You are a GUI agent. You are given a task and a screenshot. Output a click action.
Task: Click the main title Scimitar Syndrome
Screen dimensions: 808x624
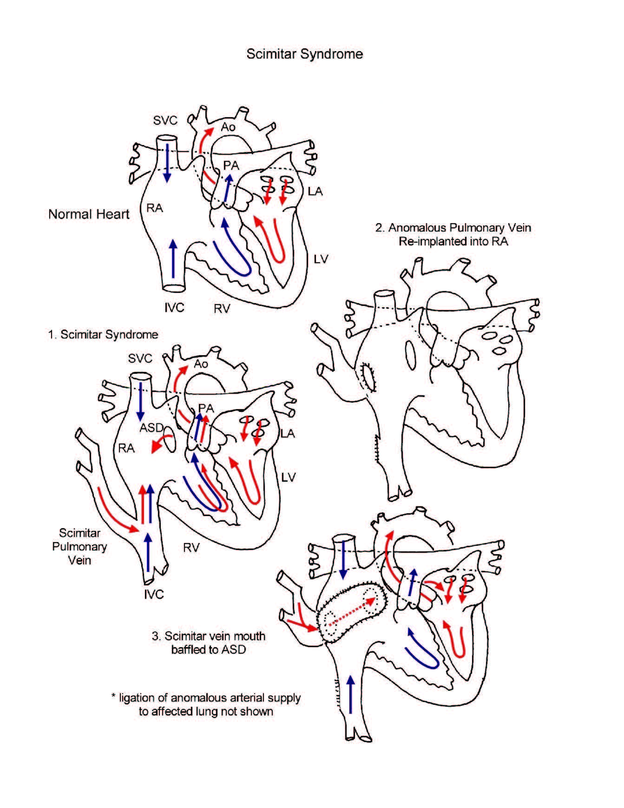[x=304, y=54]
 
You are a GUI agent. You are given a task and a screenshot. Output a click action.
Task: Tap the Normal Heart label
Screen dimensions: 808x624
[x=89, y=214]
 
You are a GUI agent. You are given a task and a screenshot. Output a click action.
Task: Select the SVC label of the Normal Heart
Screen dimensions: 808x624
[x=165, y=120]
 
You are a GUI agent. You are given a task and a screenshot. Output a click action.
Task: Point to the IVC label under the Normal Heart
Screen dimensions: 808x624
[x=174, y=307]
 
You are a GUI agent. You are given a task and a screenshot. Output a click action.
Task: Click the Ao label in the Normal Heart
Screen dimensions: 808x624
[x=228, y=127]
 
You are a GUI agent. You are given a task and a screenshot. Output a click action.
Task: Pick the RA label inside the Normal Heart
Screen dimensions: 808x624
[x=155, y=208]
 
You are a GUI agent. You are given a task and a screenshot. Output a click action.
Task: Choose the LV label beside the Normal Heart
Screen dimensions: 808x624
[x=321, y=259]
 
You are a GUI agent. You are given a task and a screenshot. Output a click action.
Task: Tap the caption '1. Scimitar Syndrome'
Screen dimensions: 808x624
[x=103, y=335]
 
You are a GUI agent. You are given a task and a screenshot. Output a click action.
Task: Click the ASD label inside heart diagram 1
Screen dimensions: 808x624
[x=151, y=427]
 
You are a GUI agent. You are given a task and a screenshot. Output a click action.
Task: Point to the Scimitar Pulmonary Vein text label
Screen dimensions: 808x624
[x=79, y=547]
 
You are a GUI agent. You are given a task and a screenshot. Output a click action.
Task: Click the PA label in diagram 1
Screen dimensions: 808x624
[x=206, y=408]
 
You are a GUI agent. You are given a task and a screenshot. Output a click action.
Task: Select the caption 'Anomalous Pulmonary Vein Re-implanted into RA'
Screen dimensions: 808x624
[x=453, y=234]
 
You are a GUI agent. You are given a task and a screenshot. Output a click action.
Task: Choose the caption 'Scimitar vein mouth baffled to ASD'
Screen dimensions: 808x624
[x=209, y=642]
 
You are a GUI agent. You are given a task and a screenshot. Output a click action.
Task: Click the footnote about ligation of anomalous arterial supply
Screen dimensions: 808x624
[x=206, y=704]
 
